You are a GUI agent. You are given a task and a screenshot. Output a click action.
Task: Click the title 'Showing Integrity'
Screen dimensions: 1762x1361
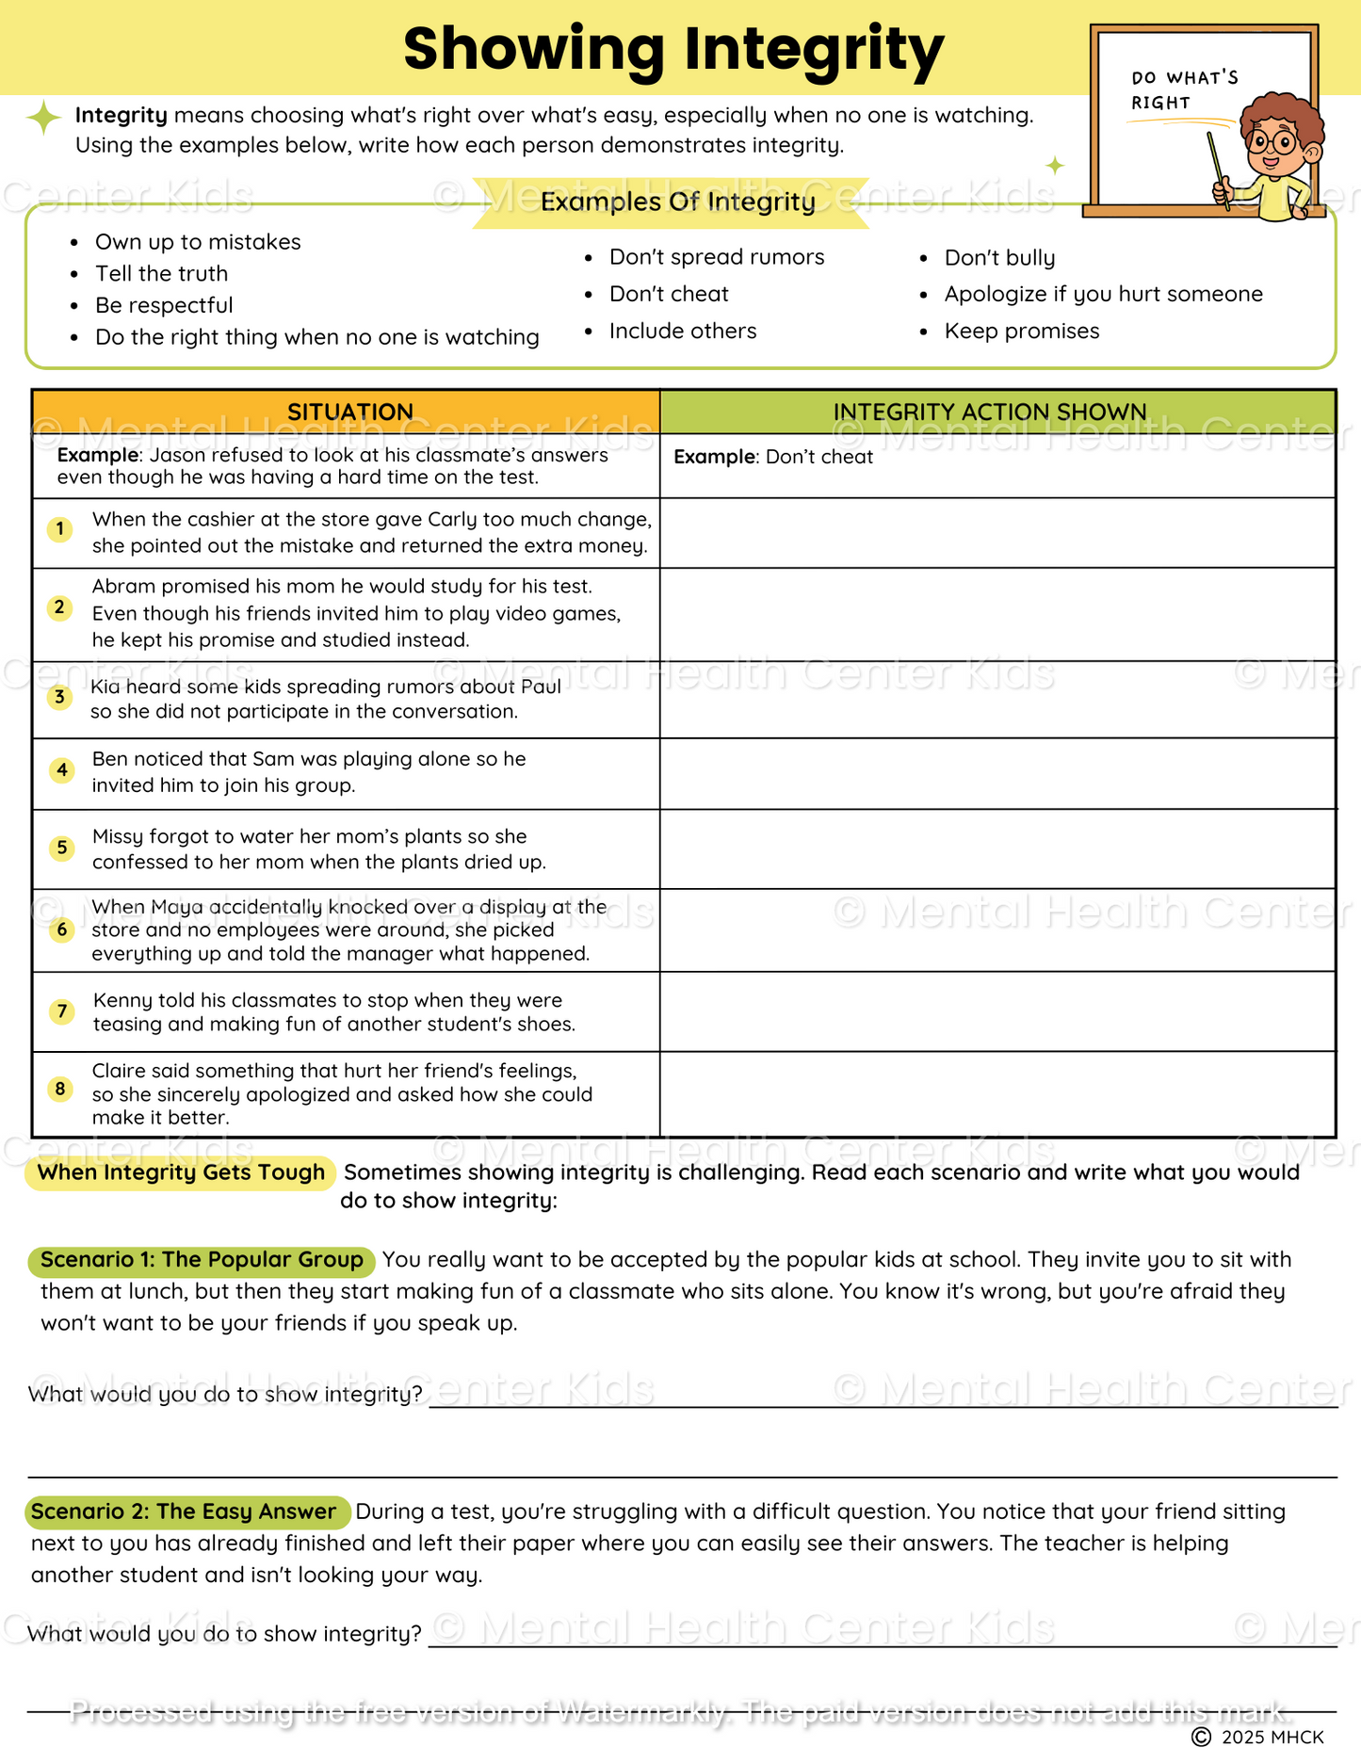(x=672, y=50)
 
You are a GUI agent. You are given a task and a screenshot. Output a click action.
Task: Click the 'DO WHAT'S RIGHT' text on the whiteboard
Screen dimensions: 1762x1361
(x=1184, y=90)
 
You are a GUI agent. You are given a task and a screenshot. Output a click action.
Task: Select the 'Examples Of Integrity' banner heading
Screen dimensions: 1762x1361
(x=677, y=202)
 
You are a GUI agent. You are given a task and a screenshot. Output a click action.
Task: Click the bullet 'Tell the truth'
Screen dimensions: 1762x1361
(x=161, y=274)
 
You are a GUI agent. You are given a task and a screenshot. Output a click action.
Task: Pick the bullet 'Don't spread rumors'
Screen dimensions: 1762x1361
(x=716, y=257)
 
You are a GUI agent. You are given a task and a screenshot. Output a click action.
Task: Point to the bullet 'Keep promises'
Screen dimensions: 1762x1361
(x=1021, y=331)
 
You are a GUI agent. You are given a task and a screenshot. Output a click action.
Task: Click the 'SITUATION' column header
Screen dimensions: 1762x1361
(x=349, y=412)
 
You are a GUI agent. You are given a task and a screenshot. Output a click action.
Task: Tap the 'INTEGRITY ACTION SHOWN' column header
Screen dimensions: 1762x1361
(x=989, y=412)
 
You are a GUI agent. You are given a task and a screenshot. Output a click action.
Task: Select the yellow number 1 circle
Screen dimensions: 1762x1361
(x=60, y=529)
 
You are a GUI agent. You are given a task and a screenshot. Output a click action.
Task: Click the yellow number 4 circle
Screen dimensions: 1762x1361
(x=62, y=770)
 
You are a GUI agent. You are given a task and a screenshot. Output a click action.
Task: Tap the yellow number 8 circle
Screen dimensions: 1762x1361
(x=60, y=1090)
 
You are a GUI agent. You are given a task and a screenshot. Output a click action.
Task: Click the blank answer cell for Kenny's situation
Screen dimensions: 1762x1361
(x=996, y=1011)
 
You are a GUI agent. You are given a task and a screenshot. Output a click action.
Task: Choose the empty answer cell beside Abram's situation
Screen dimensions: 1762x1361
(x=996, y=614)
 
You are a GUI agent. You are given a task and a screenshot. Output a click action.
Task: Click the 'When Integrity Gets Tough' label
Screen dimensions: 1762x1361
(x=181, y=1172)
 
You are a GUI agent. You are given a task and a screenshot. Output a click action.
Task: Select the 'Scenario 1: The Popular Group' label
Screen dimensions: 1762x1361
(x=202, y=1260)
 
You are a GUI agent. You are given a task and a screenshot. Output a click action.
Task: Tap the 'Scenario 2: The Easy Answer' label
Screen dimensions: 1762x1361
(x=184, y=1511)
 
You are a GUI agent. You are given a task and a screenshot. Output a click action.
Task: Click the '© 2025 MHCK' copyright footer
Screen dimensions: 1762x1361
(x=1258, y=1738)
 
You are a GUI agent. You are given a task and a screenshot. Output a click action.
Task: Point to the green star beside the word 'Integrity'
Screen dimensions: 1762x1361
(x=43, y=118)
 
